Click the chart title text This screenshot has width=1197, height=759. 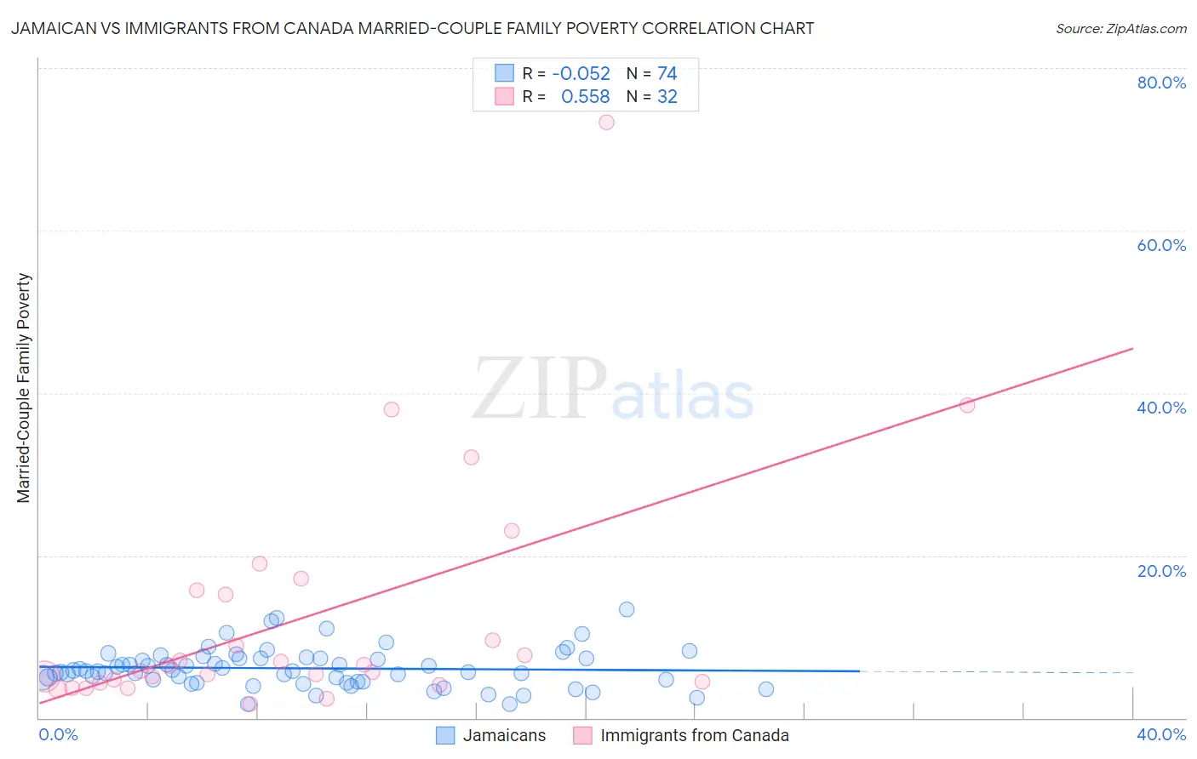(x=412, y=28)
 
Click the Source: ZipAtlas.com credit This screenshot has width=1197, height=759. (x=1120, y=28)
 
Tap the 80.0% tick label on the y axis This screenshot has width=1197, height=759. (x=1161, y=83)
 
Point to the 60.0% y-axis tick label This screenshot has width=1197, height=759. (x=1161, y=245)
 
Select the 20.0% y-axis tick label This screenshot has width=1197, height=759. (x=1161, y=571)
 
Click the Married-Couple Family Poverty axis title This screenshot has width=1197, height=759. (x=24, y=388)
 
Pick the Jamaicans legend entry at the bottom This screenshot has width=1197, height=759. (x=504, y=736)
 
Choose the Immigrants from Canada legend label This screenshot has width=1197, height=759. (x=695, y=736)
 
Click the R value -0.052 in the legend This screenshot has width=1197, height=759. (x=581, y=74)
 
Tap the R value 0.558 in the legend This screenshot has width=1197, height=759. (x=585, y=97)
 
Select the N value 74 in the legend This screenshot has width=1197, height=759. (x=667, y=74)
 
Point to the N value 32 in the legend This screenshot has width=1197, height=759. (x=667, y=97)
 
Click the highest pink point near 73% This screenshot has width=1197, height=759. (x=606, y=123)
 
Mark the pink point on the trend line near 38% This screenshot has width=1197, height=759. (x=966, y=405)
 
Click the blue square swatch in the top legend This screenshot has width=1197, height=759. (x=504, y=73)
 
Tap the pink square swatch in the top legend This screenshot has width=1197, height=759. (x=504, y=96)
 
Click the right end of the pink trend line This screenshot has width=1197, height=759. (x=1131, y=349)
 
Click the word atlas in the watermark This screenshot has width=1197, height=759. (x=683, y=397)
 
